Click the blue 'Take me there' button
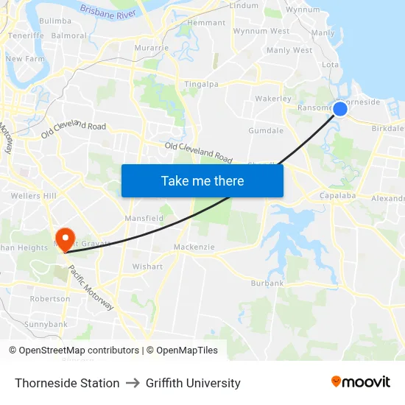(202, 180)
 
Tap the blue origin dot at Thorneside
(340, 109)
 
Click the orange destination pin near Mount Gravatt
(65, 236)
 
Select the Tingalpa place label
(201, 84)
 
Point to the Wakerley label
(273, 98)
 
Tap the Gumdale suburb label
(266, 130)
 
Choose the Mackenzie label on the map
(193, 247)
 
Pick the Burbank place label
(267, 283)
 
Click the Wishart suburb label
(147, 266)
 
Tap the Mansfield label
(144, 219)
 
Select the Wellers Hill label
(34, 196)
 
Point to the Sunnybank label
(46, 324)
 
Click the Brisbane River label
(108, 11)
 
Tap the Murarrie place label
(152, 48)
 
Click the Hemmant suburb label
(206, 23)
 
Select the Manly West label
(289, 50)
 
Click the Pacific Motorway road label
(91, 287)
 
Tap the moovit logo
(361, 382)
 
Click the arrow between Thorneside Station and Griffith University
(133, 383)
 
